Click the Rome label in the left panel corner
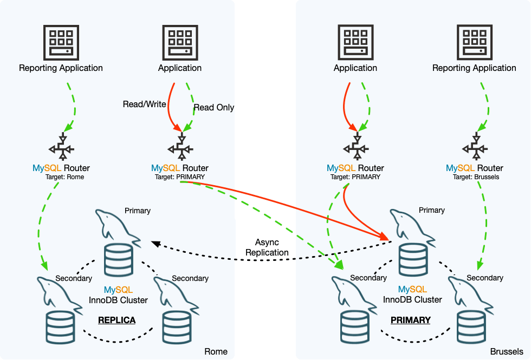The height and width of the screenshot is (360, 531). point(216,352)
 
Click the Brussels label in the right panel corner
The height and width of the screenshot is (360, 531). point(507,352)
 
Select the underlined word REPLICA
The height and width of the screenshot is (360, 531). point(116,320)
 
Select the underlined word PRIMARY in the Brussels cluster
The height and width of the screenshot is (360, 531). point(411,320)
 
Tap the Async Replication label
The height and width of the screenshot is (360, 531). point(267,247)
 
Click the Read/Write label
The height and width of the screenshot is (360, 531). point(144,104)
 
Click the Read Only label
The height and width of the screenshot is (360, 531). point(214,107)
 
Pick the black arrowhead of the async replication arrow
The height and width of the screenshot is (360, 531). point(155,244)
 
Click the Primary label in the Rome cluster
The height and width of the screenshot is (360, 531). point(138,211)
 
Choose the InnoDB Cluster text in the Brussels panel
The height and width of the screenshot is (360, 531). point(412,299)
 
